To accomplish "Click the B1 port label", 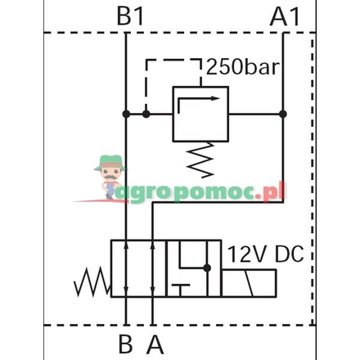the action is [x=130, y=16].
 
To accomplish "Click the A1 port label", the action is [x=285, y=16].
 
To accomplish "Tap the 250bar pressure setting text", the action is [x=243, y=67].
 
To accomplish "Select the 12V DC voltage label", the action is [x=265, y=254].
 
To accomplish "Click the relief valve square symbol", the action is [x=200, y=114].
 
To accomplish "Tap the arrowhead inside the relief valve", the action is [x=215, y=98].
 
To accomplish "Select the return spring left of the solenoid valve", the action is [x=92, y=281].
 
